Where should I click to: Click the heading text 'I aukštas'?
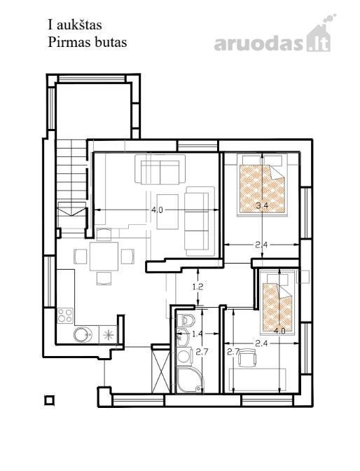point(75,25)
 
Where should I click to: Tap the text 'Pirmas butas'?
point(88,42)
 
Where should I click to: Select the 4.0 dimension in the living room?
point(157,210)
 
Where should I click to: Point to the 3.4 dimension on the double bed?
point(262,206)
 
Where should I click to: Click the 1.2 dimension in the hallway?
point(198,287)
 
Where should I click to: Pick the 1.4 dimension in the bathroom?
point(197,334)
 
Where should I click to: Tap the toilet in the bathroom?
point(186,320)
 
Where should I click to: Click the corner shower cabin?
point(190,380)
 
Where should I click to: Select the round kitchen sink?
point(83,334)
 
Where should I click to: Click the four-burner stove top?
point(65,315)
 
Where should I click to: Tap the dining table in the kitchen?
point(104,257)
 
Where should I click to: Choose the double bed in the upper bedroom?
point(263,185)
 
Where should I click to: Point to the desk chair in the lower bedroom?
point(247,357)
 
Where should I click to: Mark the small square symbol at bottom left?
point(49,400)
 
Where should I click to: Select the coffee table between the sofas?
point(167,212)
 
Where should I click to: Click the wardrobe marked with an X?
point(161,370)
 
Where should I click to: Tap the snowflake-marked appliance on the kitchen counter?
point(108,335)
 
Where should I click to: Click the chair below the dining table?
point(104,278)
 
